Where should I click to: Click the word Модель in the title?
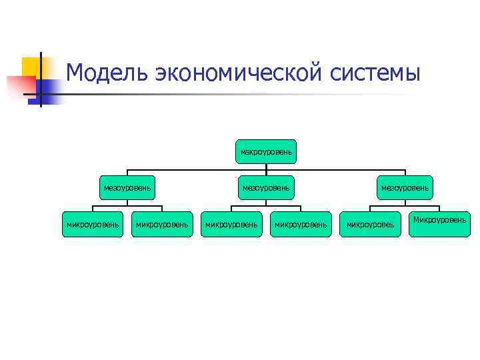point(107,72)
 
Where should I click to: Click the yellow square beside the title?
point(31,67)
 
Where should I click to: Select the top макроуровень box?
point(266,152)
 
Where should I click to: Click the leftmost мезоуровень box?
point(127,188)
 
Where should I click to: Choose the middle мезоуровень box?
point(266,188)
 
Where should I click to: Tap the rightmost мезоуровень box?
point(405,188)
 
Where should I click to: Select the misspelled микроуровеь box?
point(370,225)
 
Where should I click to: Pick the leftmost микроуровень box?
point(93,225)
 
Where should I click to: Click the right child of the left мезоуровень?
point(162,225)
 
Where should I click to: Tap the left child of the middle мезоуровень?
point(231,225)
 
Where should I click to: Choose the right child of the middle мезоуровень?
point(301,225)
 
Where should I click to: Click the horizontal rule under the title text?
point(267,93)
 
